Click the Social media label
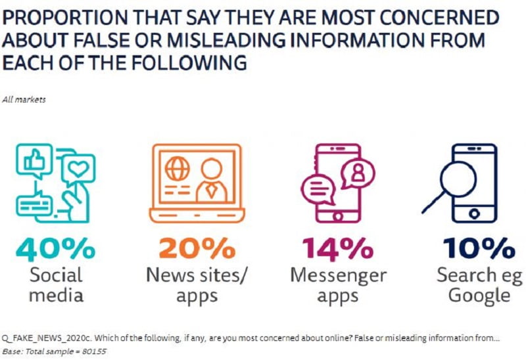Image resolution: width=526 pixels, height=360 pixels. pyautogui.click(x=57, y=284)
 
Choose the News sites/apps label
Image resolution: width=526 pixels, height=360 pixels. pyautogui.click(x=197, y=284)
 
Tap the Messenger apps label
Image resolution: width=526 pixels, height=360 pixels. pyautogui.click(x=337, y=284)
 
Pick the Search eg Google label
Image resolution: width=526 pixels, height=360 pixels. pyautogui.click(x=479, y=284)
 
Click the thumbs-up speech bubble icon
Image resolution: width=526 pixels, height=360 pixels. pyautogui.click(x=35, y=160)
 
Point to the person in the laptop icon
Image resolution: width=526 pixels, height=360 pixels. pyautogui.click(x=212, y=179)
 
